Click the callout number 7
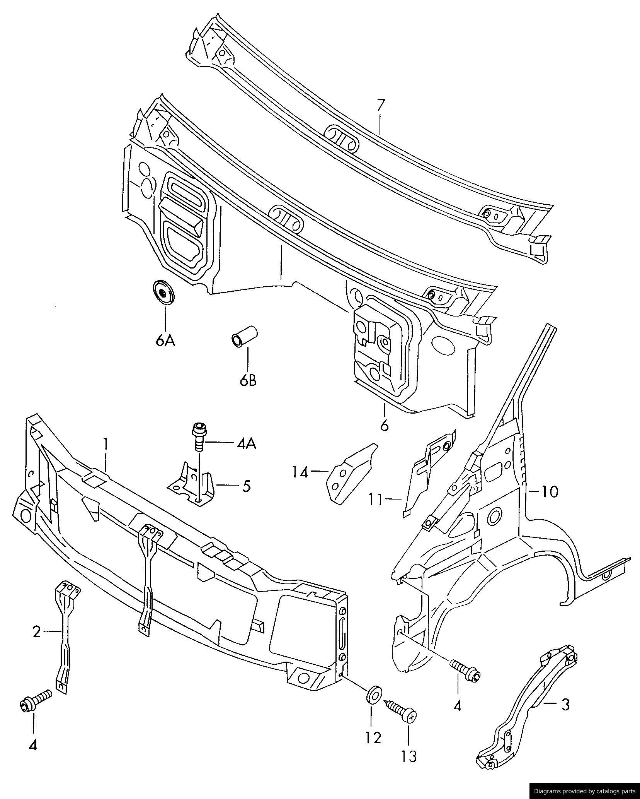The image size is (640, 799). coord(381,105)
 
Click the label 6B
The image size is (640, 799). coord(248,380)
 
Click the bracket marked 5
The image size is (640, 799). coord(193,484)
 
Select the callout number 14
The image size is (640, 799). coord(300,472)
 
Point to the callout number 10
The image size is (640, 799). coord(549,492)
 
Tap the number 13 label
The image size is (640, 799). coord(409,756)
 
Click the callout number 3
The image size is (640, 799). coord(565,704)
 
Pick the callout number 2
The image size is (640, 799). coord(36,632)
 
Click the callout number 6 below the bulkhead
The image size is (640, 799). coord(384,426)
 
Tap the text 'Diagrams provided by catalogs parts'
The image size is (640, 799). coord(584,791)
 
